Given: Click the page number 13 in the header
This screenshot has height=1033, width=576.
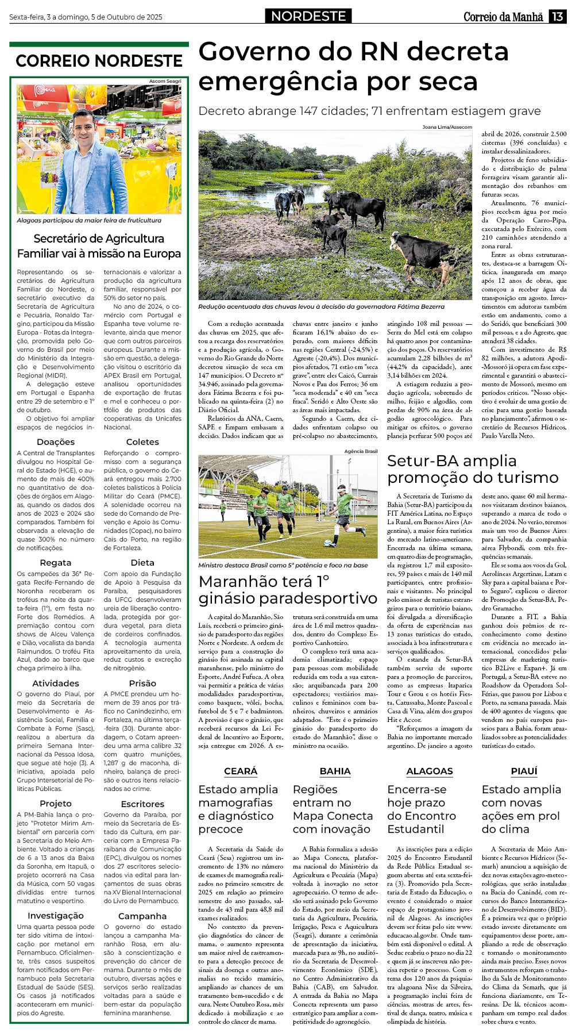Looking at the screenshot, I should coord(558,17).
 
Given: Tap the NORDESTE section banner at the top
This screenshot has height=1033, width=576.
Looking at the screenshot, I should coord(308,16).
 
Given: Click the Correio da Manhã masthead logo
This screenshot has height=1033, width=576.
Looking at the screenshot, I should coord(503,17).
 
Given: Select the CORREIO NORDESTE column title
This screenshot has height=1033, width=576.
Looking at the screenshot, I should coord(99,61).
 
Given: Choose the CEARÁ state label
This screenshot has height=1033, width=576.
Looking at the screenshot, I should coord(241,771).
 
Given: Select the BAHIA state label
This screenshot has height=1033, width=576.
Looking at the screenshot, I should coord(335,771).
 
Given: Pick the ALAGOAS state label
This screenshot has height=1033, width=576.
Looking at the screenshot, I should coord(430,771).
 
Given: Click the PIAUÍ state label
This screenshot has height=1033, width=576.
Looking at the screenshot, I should coord(524,771).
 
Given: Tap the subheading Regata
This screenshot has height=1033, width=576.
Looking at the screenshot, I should coord(56,563).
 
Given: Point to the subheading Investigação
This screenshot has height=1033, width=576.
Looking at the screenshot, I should coord(56,916).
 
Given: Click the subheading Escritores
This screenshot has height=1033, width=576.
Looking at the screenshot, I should coord(142,804).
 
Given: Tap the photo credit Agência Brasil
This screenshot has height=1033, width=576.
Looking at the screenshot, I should coord(361,451).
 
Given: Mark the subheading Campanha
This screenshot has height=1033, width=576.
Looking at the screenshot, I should coord(142,916).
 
